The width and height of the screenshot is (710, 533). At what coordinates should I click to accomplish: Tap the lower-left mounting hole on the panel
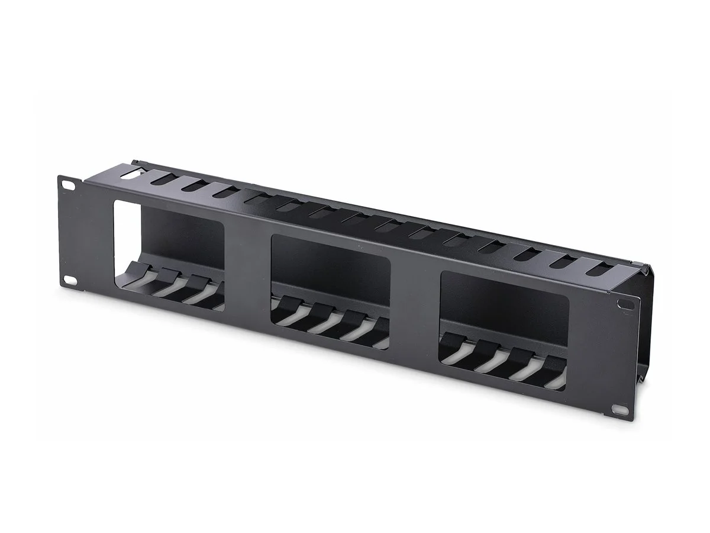click(69, 279)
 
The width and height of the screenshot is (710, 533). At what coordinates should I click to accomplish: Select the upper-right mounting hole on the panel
click(623, 304)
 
